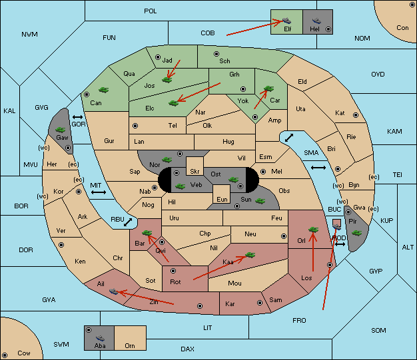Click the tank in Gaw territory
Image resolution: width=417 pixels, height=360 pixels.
coord(61,130)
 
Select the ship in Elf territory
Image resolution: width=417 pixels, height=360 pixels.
coord(286,20)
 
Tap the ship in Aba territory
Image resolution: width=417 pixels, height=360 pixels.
coord(100,338)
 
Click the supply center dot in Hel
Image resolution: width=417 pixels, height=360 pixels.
coord(328,29)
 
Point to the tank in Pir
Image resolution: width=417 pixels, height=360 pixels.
coord(356,233)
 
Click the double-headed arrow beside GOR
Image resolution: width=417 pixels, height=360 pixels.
coord(77,117)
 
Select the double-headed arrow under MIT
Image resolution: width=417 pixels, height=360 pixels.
coord(99,192)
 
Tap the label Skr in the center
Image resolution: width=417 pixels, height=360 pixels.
coord(195,172)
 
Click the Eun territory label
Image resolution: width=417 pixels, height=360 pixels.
coord(222,199)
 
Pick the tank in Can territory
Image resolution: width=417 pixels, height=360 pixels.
coord(103,90)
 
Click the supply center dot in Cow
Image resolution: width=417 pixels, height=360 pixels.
coord(5,355)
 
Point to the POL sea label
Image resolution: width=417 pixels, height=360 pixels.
coord(151,11)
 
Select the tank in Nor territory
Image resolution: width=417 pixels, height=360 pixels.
coord(167,160)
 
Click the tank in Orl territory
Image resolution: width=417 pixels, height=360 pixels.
coord(313,230)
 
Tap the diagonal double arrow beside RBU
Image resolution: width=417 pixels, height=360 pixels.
coord(128,222)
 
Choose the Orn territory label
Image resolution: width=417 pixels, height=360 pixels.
coord(130,345)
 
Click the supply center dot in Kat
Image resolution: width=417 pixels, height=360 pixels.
coord(356,115)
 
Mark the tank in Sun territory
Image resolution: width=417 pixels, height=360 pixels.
coord(260,201)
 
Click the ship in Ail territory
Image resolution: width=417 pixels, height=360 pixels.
coord(113,291)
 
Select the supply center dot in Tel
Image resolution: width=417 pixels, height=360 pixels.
coord(135,125)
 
